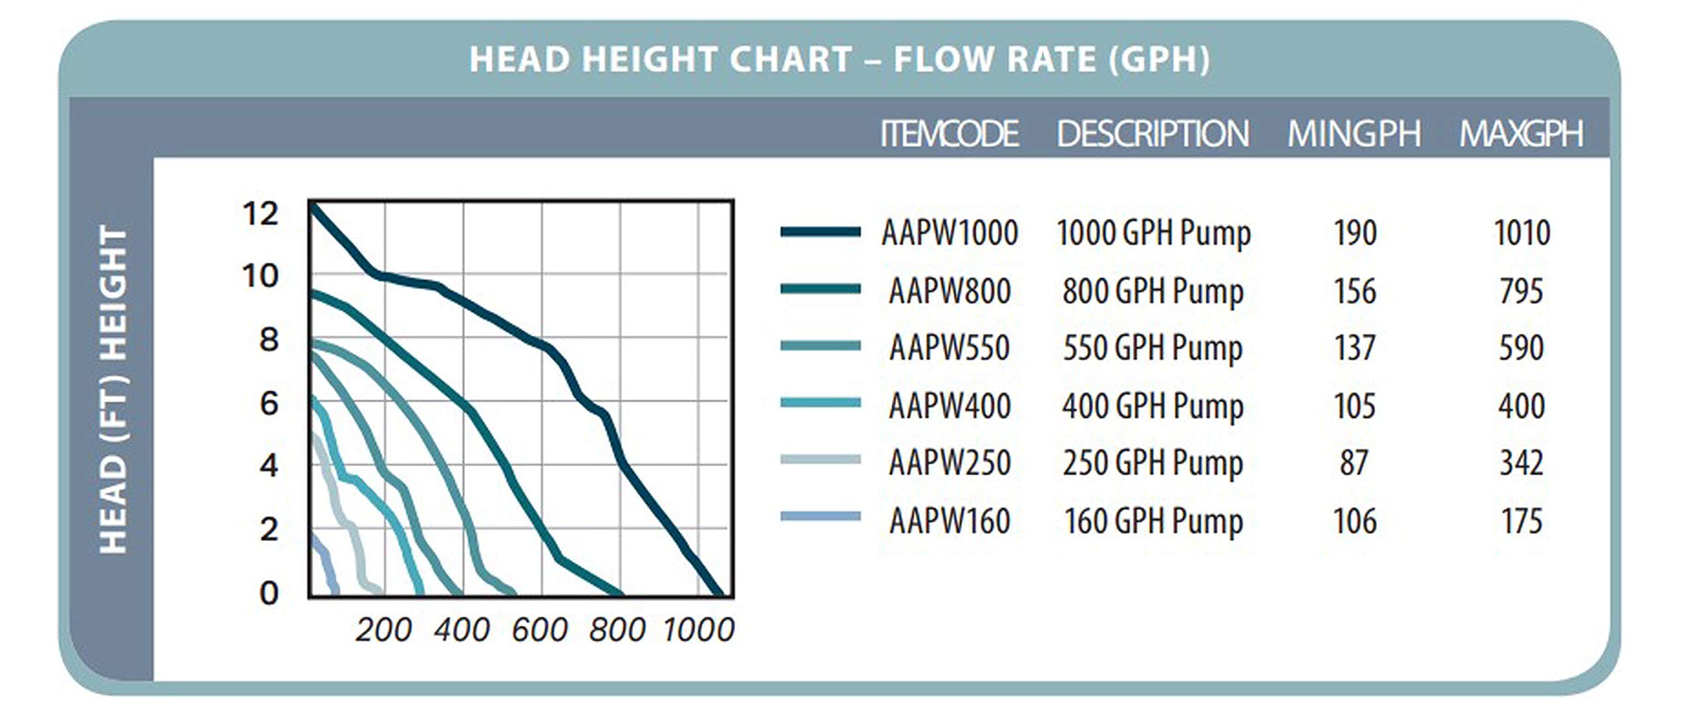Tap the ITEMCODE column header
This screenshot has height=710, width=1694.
949,134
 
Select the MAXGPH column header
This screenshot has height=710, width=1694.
1521,134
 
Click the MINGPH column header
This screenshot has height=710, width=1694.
1354,134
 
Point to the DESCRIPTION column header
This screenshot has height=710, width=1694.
1153,134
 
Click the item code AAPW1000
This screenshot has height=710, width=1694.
950,233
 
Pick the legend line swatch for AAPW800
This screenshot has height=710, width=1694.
821,289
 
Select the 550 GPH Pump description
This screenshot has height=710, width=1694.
1153,349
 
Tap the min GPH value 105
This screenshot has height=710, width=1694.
1355,406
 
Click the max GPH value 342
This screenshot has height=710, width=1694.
1521,463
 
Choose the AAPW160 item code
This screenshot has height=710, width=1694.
950,521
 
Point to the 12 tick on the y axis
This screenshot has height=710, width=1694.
261,214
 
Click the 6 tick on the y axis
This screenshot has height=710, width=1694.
269,404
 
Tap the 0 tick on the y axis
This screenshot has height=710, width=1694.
269,593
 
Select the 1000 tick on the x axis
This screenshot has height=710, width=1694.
699,629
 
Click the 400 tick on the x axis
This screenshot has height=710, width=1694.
462,629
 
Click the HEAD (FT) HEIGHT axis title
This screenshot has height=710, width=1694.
112,390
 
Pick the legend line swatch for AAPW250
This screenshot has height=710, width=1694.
821,459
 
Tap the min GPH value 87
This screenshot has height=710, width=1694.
1354,463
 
